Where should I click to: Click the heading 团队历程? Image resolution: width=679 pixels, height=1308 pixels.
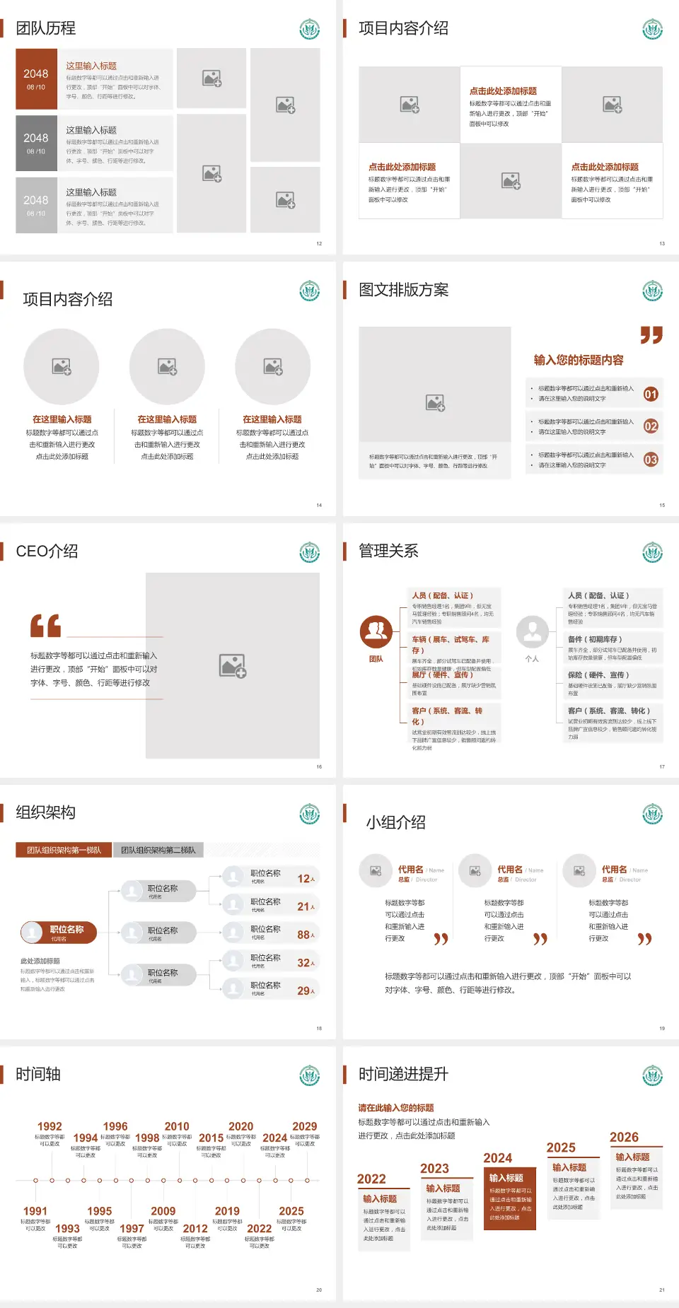pos(46,28)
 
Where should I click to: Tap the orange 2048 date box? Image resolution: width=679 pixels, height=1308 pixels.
pos(36,78)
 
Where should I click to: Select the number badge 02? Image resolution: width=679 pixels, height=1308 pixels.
pos(651,426)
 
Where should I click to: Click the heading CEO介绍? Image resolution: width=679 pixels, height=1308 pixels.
pos(47,551)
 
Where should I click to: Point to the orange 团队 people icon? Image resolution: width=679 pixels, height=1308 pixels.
pos(376,632)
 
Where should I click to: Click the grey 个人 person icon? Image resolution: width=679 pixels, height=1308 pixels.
pos(532,632)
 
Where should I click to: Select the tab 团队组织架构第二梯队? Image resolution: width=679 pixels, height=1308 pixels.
pos(158,850)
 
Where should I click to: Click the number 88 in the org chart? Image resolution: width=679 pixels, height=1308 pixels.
pos(304,935)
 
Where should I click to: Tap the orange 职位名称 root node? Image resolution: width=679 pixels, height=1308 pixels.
pos(59,933)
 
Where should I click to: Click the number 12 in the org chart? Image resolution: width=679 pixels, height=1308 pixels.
pos(304,879)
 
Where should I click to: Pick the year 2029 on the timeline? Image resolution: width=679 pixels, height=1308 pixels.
pos(304,1126)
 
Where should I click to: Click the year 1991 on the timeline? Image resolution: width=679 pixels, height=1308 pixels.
pos(35,1211)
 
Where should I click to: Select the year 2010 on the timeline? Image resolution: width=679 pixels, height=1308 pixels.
pos(177,1126)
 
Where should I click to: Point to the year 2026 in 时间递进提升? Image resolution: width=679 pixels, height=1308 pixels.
pos(624,1137)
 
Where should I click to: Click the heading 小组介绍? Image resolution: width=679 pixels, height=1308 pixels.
pos(395,822)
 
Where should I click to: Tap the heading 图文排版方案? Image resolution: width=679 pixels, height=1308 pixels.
pos(403,290)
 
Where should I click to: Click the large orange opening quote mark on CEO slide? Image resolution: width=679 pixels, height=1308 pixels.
pos(46,626)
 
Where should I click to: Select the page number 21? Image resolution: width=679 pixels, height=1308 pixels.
pos(662,1290)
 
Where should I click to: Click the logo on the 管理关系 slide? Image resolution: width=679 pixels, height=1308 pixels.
pos(652,552)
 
